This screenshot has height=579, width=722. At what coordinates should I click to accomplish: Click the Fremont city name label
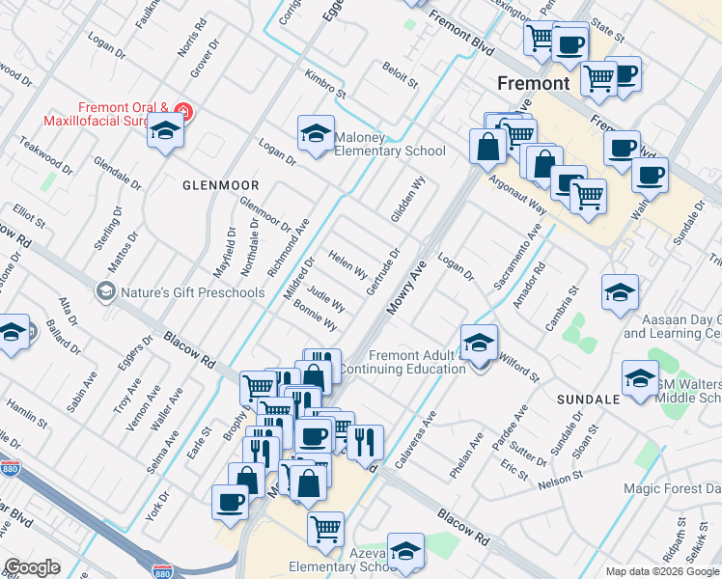click(x=533, y=83)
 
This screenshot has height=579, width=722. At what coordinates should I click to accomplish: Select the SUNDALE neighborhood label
click(x=587, y=399)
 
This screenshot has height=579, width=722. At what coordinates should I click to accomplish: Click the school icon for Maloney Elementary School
click(x=315, y=136)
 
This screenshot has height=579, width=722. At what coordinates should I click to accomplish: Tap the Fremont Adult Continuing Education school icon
click(x=479, y=345)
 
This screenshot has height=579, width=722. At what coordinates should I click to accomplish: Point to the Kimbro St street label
click(x=324, y=84)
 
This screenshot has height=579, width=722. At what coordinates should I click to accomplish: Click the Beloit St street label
click(x=400, y=76)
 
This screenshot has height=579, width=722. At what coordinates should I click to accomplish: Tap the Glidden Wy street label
click(x=408, y=200)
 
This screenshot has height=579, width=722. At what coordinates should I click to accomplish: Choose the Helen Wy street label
click(x=347, y=263)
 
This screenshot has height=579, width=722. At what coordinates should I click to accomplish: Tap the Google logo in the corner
click(x=32, y=566)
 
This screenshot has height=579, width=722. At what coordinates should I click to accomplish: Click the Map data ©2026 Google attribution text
click(x=661, y=571)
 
